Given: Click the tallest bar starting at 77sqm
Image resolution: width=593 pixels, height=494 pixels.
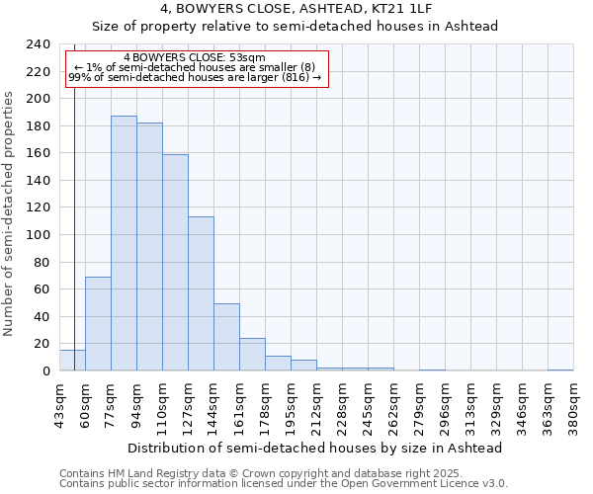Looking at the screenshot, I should point(124,243).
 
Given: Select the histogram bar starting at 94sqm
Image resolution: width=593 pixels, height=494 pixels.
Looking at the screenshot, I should point(149,246).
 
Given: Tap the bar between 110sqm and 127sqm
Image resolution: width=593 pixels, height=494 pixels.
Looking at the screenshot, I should point(175,262).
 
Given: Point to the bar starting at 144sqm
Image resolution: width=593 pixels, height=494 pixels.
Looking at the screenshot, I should point(226,337).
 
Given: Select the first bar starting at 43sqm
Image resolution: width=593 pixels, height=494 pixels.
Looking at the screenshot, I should point(72,361).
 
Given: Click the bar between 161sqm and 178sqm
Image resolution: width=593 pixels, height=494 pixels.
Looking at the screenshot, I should point(252,354).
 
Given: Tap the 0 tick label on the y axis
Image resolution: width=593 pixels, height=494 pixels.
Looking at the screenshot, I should point(45,370).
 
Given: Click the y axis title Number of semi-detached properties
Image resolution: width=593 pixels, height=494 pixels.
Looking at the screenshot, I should point(10,213).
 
